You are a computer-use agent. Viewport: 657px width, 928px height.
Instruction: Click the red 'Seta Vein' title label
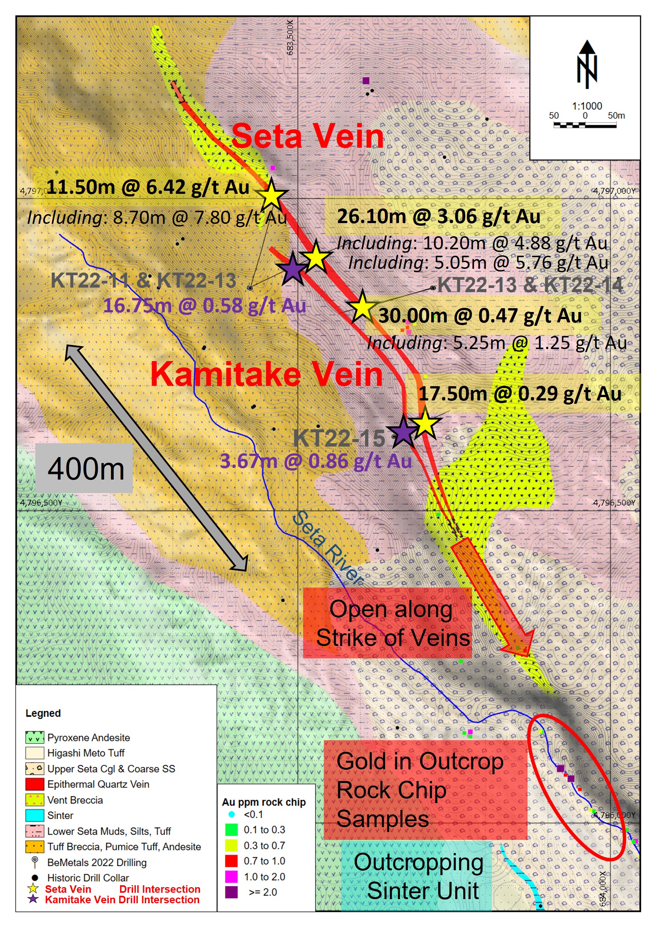[x=307, y=136]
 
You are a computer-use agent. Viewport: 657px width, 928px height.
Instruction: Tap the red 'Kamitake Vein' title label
[x=266, y=374]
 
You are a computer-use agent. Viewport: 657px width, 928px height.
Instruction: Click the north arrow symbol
[x=586, y=64]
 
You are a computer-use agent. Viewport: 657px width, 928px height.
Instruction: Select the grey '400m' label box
[x=84, y=468]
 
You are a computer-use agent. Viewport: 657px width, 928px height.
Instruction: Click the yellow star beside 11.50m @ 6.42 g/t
[x=271, y=196]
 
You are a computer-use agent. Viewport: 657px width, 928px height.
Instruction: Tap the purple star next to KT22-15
[x=403, y=432]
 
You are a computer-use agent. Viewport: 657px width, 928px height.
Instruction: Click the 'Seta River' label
[x=328, y=548]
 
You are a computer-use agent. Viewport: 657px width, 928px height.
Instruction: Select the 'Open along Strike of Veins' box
[x=387, y=623]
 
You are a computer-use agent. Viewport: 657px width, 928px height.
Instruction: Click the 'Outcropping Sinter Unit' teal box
[x=417, y=876]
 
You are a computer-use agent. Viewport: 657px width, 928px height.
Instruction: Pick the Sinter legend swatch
[x=35, y=815]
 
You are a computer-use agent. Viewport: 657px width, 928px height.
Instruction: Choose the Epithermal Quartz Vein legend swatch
[x=35, y=784]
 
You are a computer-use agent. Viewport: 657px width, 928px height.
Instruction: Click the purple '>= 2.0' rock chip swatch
[x=231, y=892]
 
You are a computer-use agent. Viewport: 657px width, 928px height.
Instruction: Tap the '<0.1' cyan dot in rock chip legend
[x=232, y=814]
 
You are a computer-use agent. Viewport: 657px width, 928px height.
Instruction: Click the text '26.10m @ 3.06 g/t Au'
[x=439, y=216]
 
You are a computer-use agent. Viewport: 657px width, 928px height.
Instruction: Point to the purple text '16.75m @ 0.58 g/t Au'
[x=204, y=305]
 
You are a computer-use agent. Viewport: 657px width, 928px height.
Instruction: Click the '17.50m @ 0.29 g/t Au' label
[x=519, y=394]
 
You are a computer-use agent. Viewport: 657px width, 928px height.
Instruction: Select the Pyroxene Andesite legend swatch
[x=35, y=737]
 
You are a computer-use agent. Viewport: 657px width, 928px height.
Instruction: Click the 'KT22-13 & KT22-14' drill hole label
[x=530, y=285]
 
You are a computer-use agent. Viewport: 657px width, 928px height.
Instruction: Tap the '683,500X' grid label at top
[x=290, y=37]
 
